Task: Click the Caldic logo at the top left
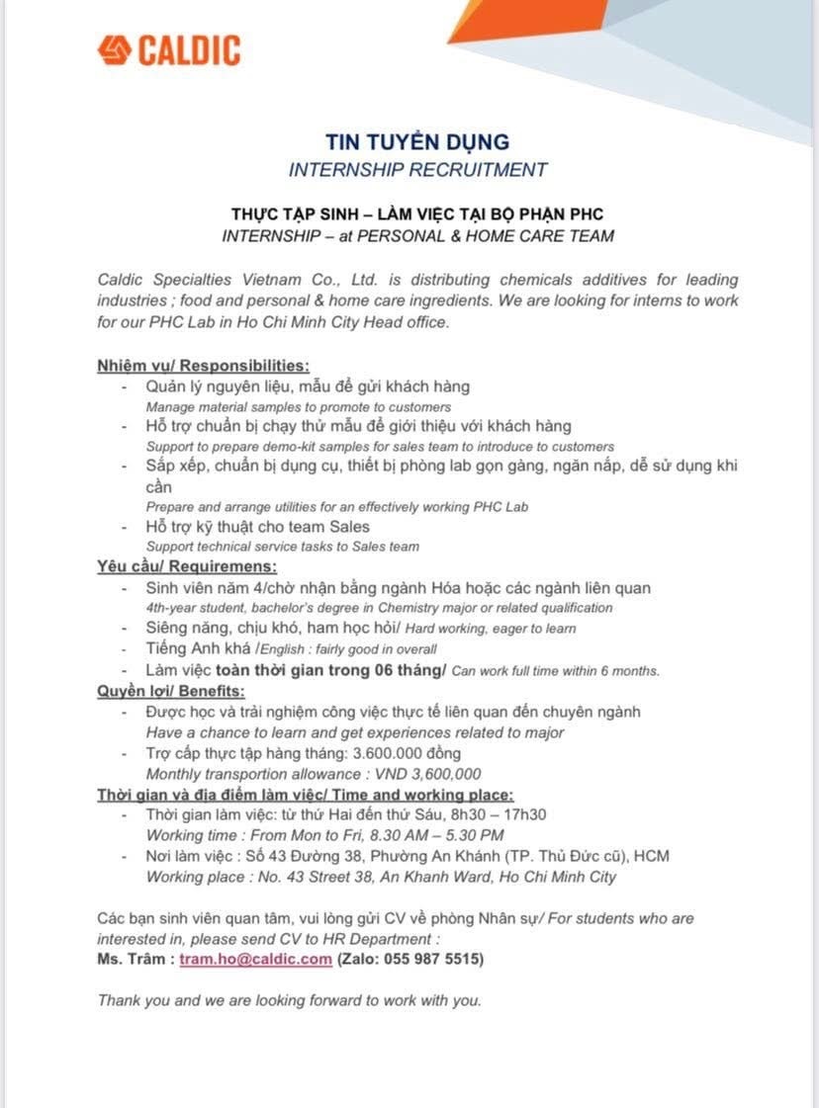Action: coord(169,49)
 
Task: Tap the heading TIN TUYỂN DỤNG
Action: coord(417,141)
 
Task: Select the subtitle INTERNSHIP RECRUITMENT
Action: coord(417,169)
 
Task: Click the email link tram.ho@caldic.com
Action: coord(255,959)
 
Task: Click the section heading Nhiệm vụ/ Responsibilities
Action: coord(203,365)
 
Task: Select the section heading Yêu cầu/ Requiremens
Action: coord(187,566)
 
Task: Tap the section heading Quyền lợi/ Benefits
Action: coord(170,691)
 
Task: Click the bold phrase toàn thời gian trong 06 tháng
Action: coord(330,670)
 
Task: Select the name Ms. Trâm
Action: coord(134,959)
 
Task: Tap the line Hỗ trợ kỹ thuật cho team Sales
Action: coord(257,526)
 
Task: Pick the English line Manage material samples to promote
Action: coord(299,406)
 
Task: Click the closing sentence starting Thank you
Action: coord(289,1000)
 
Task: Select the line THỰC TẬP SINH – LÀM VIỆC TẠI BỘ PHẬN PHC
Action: coord(417,213)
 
